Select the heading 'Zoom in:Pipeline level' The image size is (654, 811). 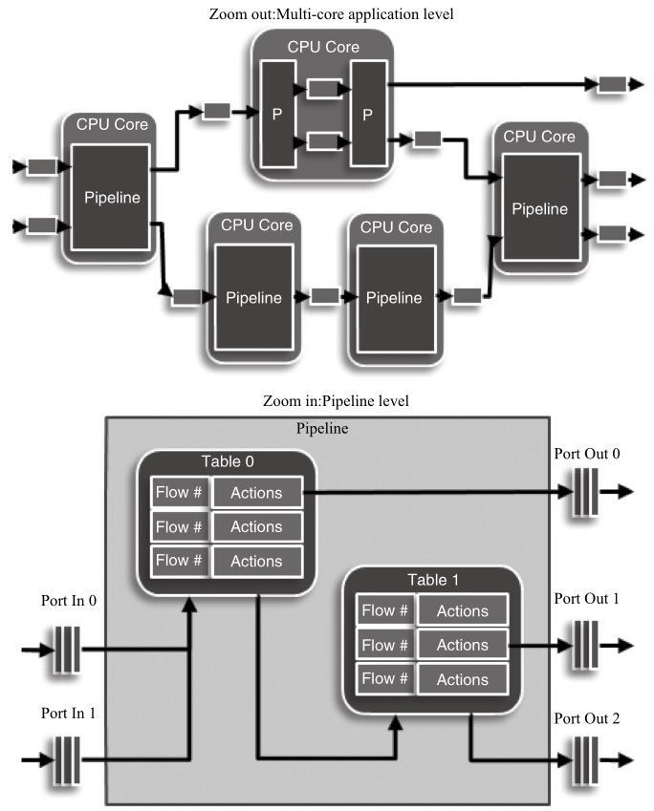[326, 401]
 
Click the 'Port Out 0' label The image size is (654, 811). [587, 453]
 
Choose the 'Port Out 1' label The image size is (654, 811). [587, 599]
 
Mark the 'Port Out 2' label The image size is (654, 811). [587, 717]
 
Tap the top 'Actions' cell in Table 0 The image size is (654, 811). [256, 493]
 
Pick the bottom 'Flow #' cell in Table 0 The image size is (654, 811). [179, 560]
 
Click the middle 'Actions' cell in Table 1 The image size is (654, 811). [462, 645]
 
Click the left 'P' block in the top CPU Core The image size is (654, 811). [277, 114]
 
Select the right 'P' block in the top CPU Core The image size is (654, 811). [366, 114]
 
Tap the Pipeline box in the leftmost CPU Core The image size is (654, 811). [112, 199]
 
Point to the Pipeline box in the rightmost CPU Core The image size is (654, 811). [539, 208]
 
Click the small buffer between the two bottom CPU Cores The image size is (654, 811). [325, 296]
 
